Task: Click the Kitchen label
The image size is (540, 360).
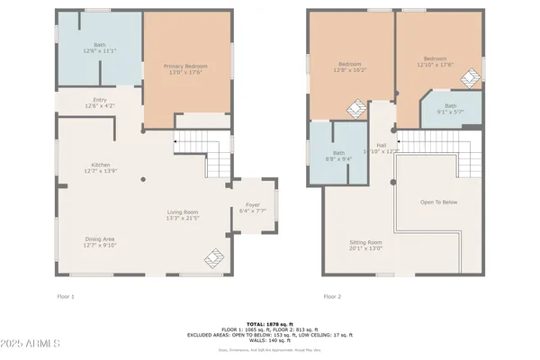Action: (x=100, y=165)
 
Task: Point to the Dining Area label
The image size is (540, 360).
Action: (x=100, y=238)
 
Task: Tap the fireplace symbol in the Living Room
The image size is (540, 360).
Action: (x=212, y=259)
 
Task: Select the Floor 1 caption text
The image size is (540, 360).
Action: (x=66, y=296)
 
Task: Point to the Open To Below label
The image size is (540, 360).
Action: (x=438, y=202)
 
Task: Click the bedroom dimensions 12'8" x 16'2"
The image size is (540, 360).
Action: (x=350, y=69)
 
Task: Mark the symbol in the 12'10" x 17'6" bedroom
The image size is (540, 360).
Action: (x=470, y=78)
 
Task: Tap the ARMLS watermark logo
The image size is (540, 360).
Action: (x=32, y=344)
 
